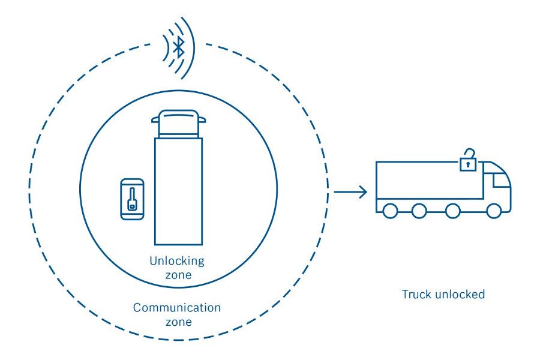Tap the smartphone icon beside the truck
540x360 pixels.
[132, 199]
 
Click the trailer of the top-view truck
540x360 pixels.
[178, 191]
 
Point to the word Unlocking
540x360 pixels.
[177, 262]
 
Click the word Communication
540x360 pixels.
[177, 308]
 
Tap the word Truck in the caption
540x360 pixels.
[415, 295]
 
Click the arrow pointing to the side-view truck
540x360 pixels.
[350, 192]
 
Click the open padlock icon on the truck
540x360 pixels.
[467, 162]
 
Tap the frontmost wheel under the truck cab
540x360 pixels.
[494, 211]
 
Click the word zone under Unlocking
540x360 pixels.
[178, 275]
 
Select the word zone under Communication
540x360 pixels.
[177, 322]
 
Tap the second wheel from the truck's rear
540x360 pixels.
[419, 211]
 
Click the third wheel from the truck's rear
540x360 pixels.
[453, 211]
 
